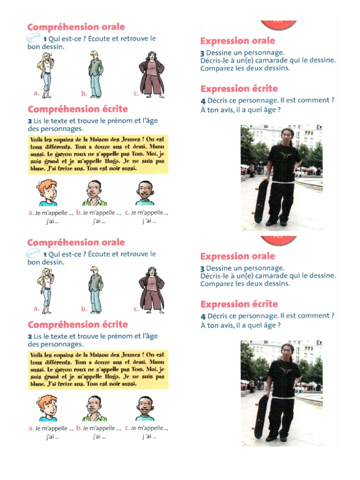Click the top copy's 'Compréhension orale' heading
point(75,27)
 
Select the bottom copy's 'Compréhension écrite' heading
point(77,324)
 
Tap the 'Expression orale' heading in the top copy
point(237,41)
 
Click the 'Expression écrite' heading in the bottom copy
point(239,304)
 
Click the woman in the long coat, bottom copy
point(152,290)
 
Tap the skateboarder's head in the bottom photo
point(287,351)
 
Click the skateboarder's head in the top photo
point(287,135)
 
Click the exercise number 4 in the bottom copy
point(203,316)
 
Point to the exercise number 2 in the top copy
point(29,121)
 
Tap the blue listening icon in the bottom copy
point(34,253)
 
